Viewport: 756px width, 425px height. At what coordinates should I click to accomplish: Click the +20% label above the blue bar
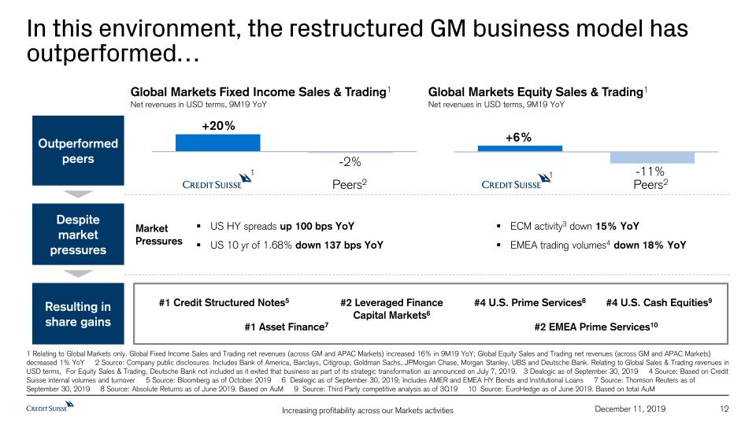pos(218,125)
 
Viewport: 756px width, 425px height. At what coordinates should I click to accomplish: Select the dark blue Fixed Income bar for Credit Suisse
pos(218,142)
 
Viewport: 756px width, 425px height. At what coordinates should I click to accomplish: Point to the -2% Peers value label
pos(350,162)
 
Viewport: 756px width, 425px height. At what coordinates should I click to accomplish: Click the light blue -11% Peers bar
pos(652,157)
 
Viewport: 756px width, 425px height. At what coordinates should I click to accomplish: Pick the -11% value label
pos(650,172)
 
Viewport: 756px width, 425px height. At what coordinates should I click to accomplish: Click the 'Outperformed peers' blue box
pos(79,151)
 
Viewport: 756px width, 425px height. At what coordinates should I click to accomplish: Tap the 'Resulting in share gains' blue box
pos(79,314)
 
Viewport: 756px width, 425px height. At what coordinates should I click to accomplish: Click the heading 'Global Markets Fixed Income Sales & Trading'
pos(259,92)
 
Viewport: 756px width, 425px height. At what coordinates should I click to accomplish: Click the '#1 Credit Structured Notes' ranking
pos(224,302)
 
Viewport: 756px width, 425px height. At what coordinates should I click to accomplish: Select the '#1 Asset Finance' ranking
pos(286,326)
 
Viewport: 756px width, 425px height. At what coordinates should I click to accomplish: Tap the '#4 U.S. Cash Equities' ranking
pos(659,302)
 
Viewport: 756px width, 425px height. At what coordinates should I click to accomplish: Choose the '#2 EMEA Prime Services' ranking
pos(596,326)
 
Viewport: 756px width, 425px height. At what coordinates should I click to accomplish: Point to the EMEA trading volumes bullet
pos(598,245)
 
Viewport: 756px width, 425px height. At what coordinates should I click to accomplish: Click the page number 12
pos(725,408)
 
